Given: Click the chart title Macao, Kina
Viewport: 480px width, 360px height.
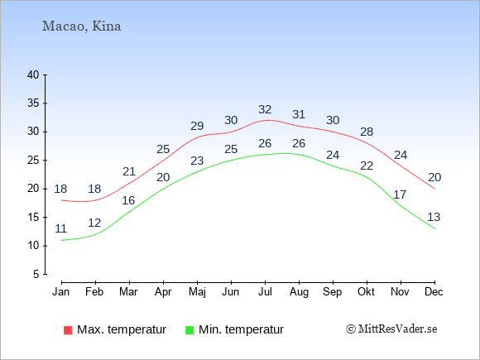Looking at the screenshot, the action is point(81,26).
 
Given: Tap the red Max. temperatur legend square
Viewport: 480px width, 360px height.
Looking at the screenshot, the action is point(68,330).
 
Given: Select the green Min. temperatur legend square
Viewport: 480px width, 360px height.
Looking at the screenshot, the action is point(190,330).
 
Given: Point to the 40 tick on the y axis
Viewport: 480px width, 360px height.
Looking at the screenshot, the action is point(33,75).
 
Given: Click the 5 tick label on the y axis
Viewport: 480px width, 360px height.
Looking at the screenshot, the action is point(36,274).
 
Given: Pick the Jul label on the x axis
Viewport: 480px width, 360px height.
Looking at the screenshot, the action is point(265,292).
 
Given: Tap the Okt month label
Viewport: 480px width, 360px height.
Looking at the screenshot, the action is point(367,292).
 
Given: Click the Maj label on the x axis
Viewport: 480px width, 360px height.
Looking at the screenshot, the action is point(197,292).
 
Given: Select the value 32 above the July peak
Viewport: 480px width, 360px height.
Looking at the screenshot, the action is point(265,109).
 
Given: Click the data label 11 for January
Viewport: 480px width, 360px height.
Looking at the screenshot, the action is point(61,228).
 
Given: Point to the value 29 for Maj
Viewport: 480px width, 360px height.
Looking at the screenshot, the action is point(197,126).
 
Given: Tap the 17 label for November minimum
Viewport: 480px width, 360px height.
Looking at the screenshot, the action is point(400,194).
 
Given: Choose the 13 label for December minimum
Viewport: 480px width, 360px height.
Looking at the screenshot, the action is point(434,217).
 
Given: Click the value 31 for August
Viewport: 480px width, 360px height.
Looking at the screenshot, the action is point(299,114).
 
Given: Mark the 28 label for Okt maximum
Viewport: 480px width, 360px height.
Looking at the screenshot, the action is point(367,132).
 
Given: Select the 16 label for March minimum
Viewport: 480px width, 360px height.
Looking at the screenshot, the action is point(128,200).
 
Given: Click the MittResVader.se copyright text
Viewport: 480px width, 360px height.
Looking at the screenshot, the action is point(391,329).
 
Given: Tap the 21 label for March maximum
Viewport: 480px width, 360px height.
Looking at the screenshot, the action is point(129,171).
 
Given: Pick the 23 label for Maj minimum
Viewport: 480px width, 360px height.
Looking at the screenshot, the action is point(197,161).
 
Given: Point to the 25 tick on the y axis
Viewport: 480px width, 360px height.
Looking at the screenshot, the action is point(33,161).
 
